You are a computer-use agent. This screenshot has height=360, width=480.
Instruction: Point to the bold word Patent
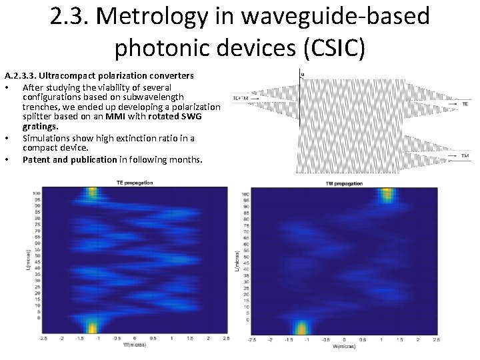tap(40, 159)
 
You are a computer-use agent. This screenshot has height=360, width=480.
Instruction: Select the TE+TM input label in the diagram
tap(240, 98)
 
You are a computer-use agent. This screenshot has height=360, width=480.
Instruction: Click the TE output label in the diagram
tap(465, 105)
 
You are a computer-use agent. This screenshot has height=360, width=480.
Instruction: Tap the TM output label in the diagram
tap(465, 155)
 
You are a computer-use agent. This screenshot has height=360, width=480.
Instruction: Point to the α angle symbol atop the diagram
tap(303, 73)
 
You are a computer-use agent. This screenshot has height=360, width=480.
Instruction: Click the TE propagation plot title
tap(135, 182)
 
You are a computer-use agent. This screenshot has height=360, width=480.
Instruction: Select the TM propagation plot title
tap(344, 183)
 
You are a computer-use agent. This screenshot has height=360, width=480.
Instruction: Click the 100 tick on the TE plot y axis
tap(38, 193)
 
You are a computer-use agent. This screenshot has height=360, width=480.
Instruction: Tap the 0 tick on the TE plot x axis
tap(135, 339)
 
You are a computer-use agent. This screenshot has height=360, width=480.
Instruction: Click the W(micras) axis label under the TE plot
tap(134, 345)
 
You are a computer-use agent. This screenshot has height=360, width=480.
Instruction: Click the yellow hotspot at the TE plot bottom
tap(92, 326)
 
